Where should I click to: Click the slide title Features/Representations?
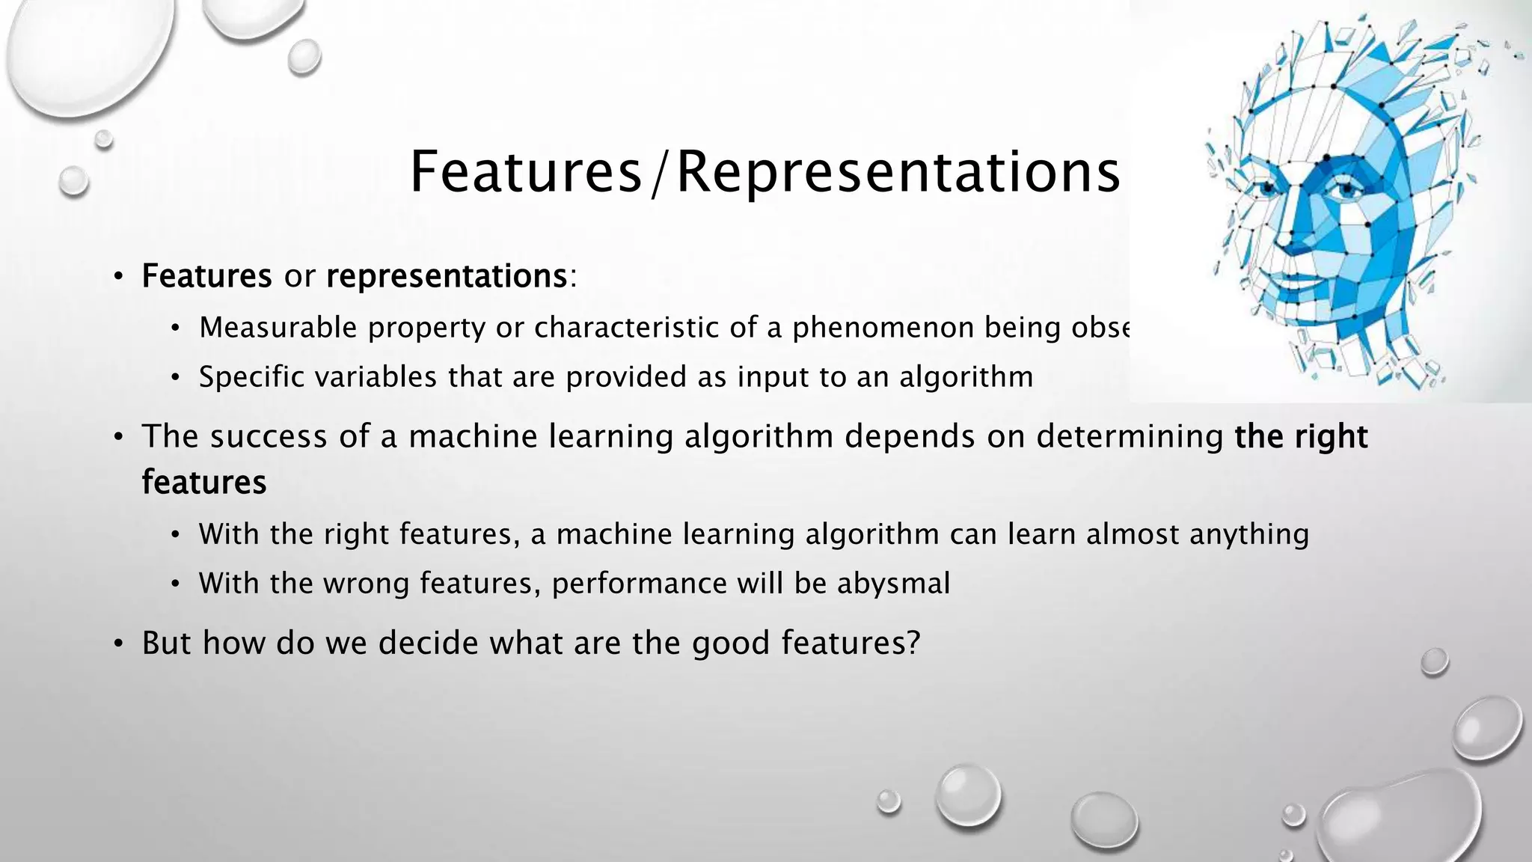(x=765, y=172)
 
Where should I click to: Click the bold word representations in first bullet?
(x=447, y=276)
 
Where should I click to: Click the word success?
(x=268, y=436)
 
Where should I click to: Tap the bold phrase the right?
(x=1301, y=436)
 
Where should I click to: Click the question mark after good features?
(x=912, y=643)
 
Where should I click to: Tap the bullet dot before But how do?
(x=118, y=644)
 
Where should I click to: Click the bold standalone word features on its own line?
(x=204, y=482)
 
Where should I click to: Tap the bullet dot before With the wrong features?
(x=175, y=584)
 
